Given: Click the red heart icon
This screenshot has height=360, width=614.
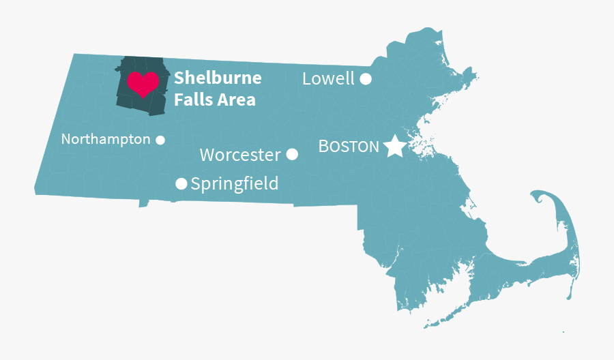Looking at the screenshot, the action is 143,83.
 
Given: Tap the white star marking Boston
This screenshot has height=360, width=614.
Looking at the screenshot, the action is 394,147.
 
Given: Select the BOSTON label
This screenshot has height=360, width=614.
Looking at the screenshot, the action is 349,147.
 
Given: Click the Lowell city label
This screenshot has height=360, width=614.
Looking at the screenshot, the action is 328,78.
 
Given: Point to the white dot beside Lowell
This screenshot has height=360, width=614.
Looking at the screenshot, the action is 366,78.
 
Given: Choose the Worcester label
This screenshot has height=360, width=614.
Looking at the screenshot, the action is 240,155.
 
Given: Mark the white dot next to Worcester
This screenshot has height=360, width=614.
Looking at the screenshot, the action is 292,154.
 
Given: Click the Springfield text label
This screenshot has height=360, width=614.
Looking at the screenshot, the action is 235,183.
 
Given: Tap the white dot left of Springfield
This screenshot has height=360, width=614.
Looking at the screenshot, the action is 181,183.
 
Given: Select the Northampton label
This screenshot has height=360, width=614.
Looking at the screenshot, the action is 106,139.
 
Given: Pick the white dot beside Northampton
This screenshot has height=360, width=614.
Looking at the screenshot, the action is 160,140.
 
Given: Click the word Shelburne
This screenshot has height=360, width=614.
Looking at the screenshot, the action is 218,78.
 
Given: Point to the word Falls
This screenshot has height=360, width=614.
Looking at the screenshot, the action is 190,100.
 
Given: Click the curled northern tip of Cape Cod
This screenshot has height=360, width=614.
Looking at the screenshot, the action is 540,197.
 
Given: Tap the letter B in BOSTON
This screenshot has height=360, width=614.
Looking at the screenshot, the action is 324,147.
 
